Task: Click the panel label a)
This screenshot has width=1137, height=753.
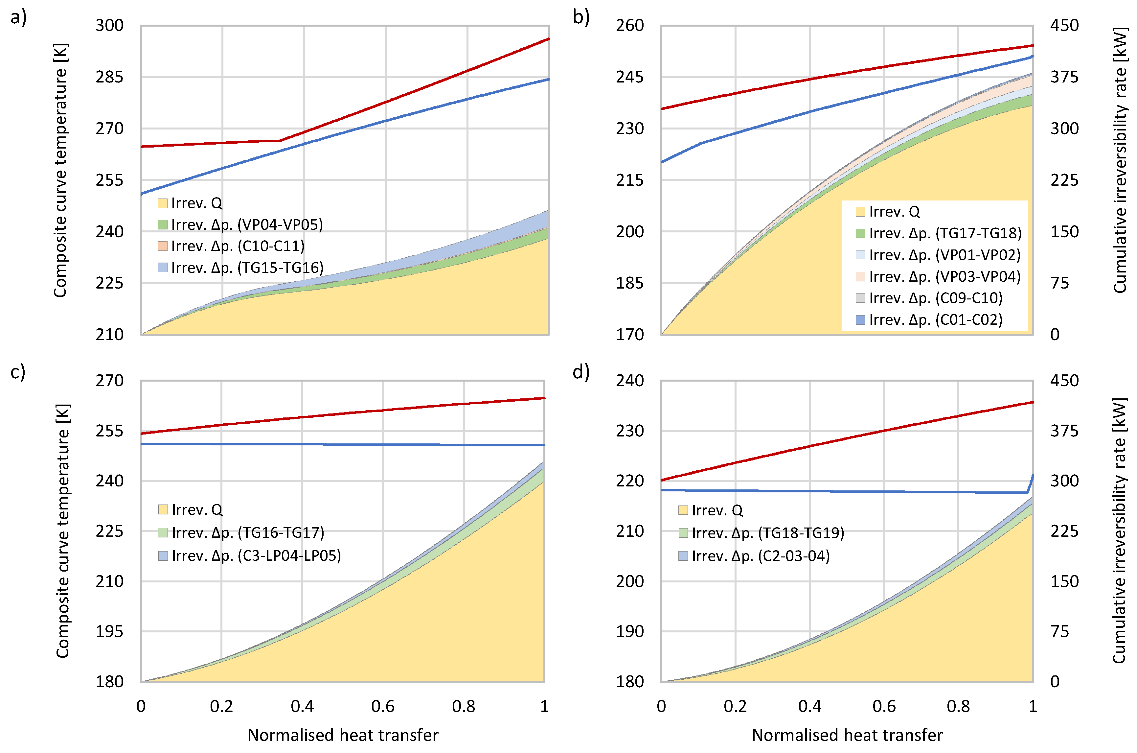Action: [18, 18]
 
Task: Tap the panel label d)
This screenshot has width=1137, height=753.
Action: [581, 372]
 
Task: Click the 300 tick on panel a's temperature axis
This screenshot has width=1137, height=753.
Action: [109, 25]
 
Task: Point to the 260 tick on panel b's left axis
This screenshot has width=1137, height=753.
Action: [630, 25]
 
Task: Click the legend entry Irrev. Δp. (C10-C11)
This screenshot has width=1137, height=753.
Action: [238, 246]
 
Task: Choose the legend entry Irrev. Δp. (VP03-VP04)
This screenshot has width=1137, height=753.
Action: [944, 277]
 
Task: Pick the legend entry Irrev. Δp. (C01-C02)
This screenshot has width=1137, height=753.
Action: [935, 320]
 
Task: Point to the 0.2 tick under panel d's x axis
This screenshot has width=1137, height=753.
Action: [735, 706]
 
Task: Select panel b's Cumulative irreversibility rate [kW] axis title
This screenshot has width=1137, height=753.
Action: [1119, 160]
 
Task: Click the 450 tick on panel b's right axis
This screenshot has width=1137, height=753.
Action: [1064, 25]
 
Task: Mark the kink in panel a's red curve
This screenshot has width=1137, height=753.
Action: [280, 140]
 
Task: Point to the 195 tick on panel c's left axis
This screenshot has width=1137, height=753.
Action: [109, 631]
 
